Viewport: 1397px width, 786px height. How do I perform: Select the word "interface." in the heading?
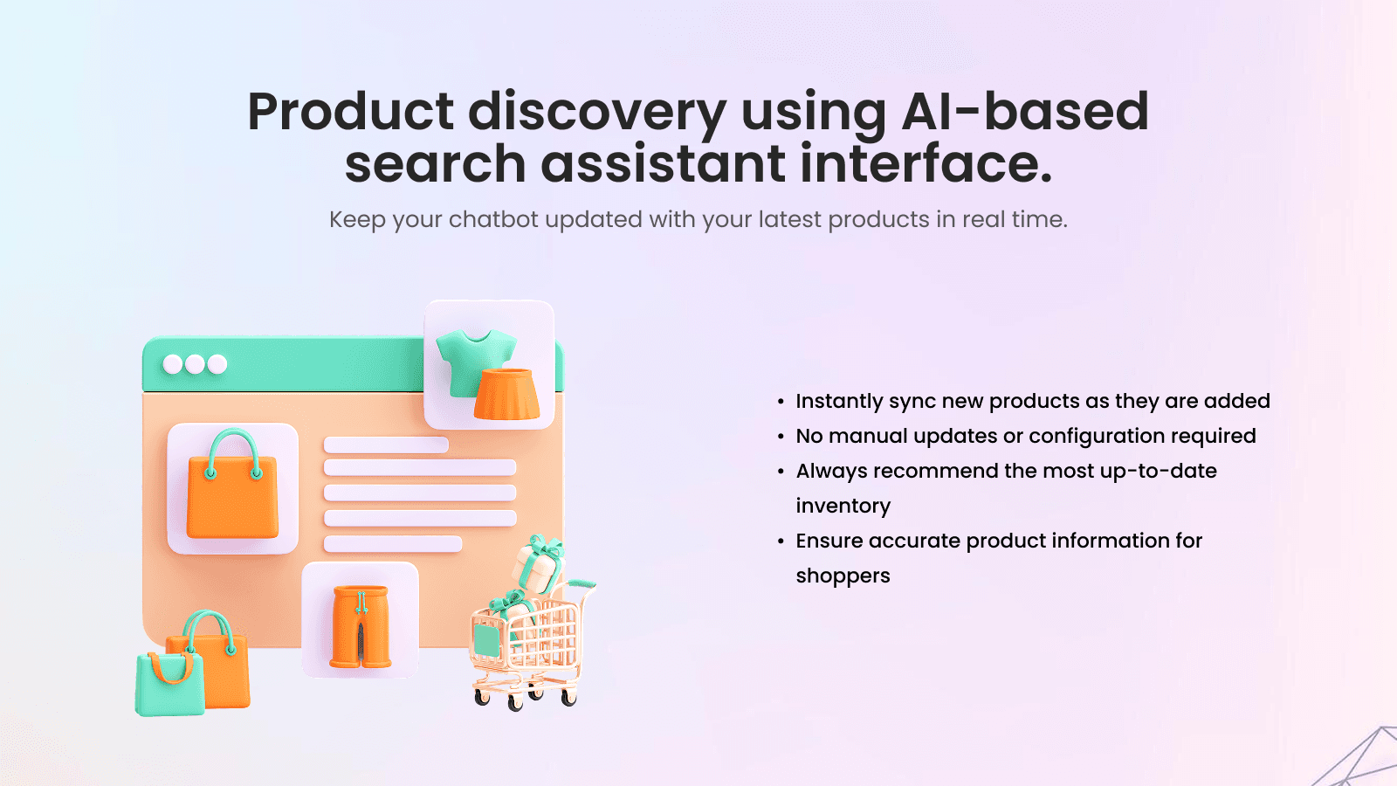point(926,164)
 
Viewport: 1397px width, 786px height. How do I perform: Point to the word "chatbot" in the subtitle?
point(493,219)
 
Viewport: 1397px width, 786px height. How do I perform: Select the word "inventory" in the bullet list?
point(843,506)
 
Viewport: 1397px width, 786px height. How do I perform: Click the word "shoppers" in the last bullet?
point(843,576)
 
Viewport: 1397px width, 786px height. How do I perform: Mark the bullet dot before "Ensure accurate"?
point(781,541)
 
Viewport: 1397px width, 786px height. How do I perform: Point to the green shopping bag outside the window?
point(169,686)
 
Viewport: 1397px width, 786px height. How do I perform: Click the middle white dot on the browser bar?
point(195,364)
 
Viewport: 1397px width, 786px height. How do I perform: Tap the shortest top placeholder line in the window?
point(386,445)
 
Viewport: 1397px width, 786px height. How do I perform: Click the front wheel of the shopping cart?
point(514,702)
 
